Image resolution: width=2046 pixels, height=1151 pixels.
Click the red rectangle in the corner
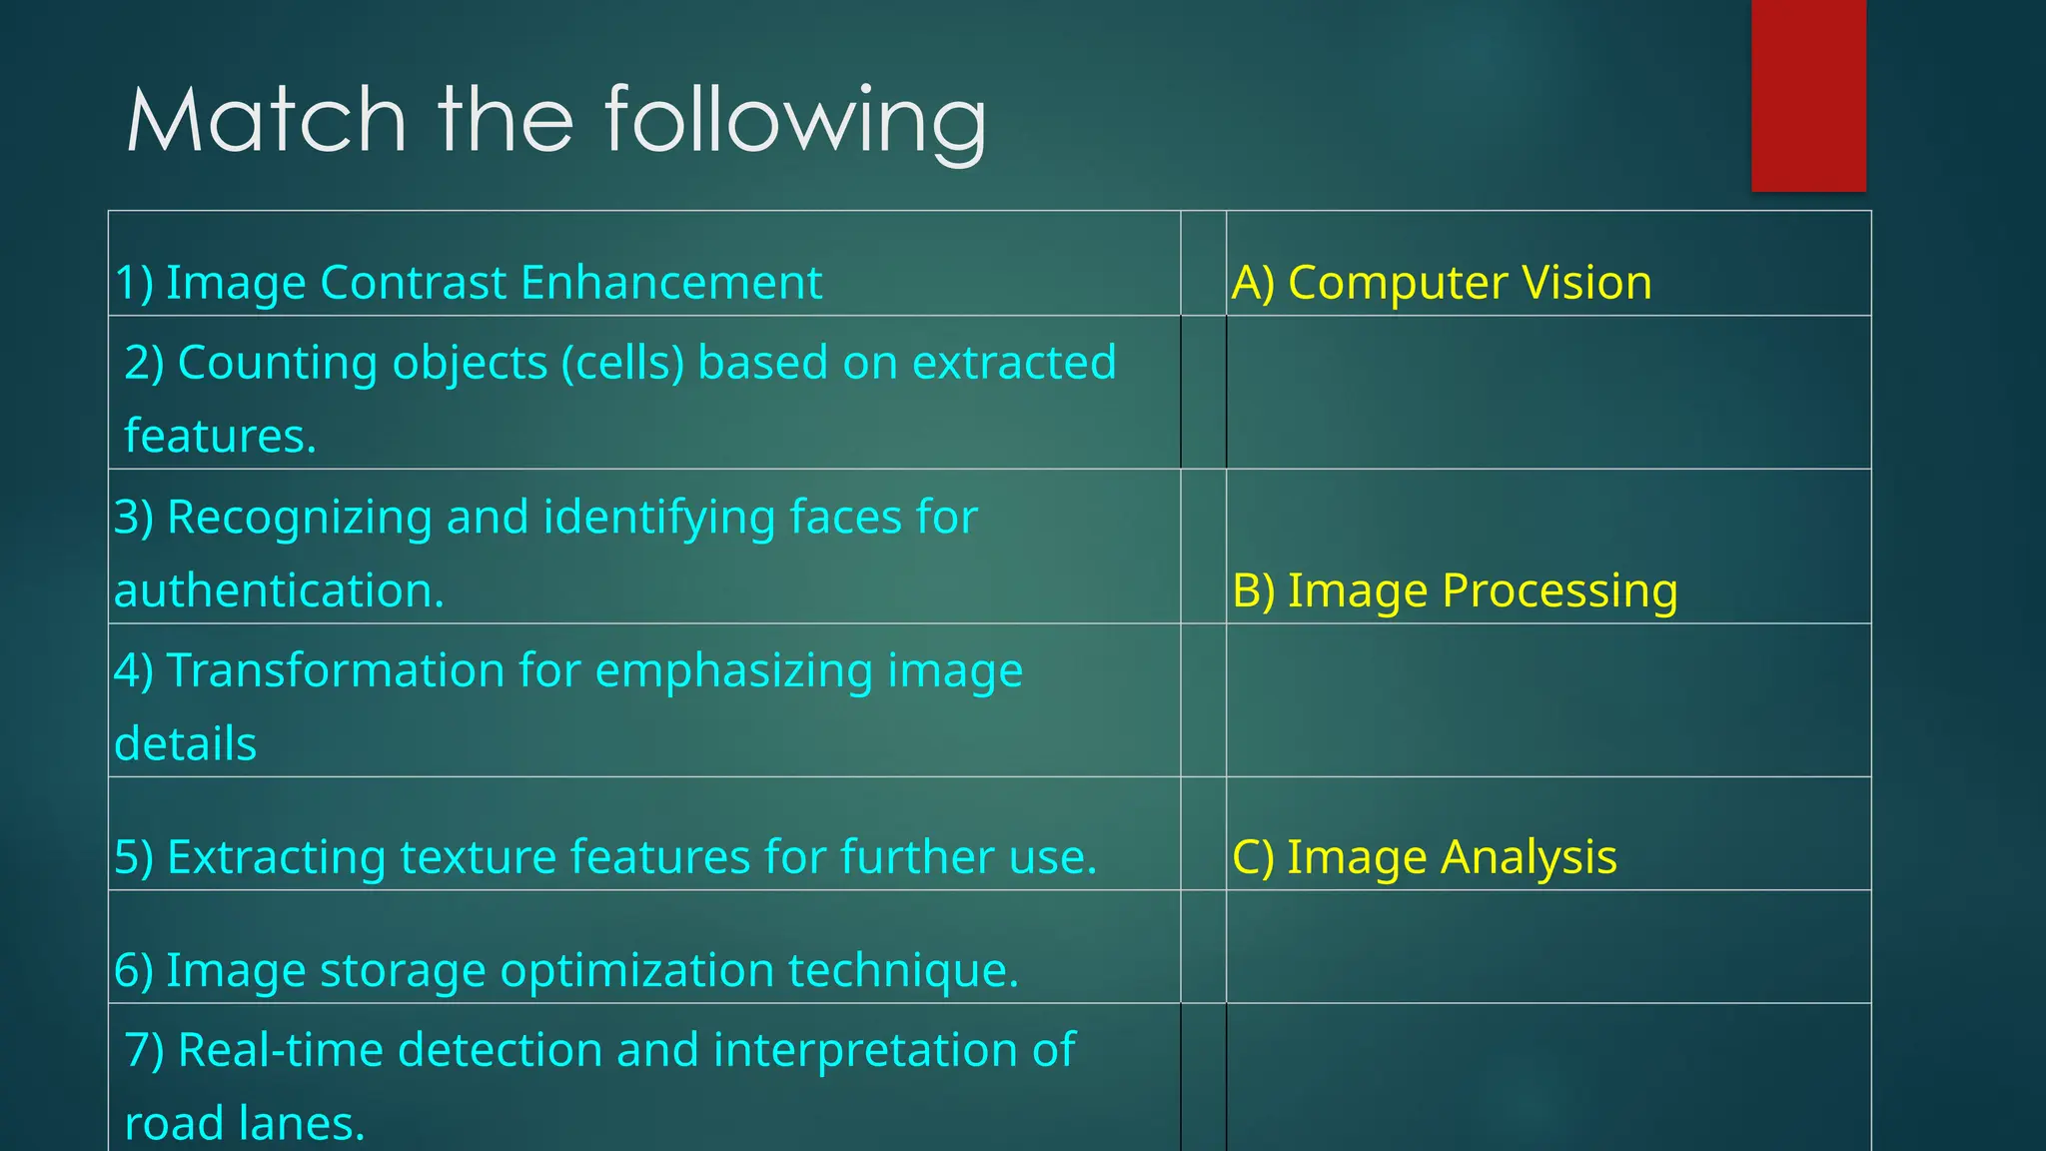(1808, 95)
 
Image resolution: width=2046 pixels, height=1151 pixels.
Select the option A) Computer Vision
(1442, 283)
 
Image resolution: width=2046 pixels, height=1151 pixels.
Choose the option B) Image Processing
(1455, 590)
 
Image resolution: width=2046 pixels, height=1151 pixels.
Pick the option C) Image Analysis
(1425, 857)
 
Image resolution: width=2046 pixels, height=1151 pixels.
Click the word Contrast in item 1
(414, 283)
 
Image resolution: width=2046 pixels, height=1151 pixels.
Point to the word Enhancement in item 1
(671, 283)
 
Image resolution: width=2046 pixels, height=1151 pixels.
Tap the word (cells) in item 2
(623, 363)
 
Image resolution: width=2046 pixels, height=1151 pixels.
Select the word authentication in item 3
(279, 591)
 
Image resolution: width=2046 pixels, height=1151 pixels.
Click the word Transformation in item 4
(336, 670)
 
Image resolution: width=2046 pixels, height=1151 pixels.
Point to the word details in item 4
(186, 744)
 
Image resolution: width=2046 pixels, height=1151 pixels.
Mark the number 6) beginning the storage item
(134, 971)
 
